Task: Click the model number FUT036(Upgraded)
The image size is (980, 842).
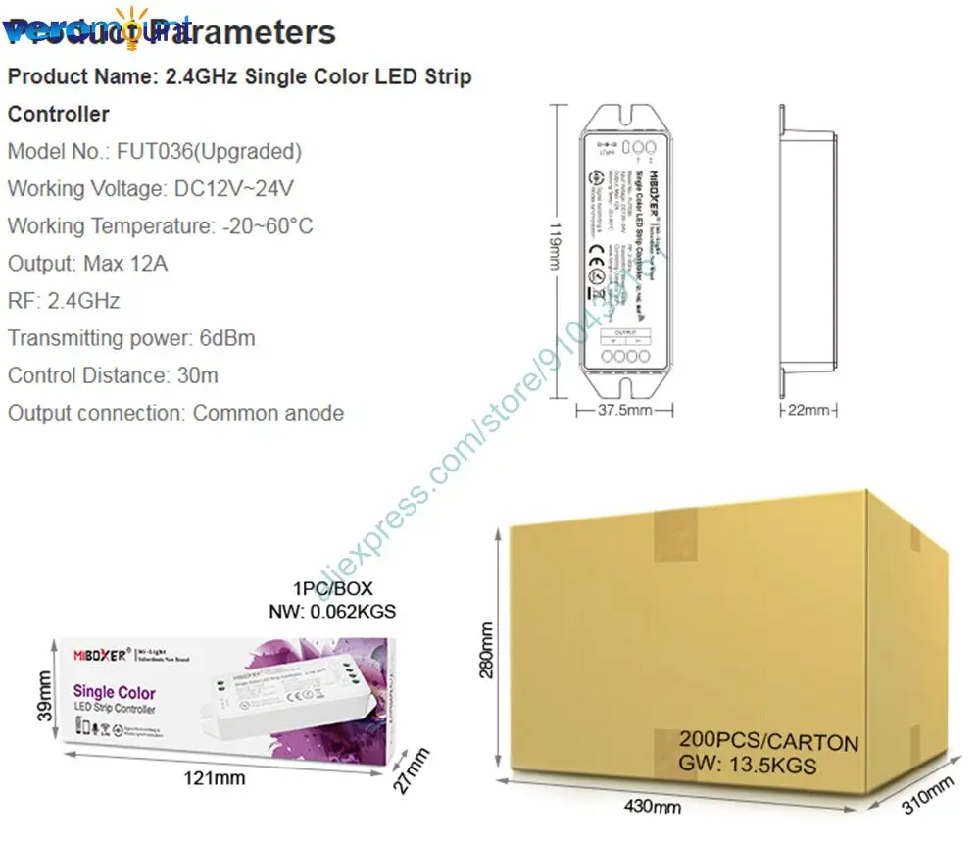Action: coord(209,152)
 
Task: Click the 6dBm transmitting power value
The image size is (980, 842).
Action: coord(226,338)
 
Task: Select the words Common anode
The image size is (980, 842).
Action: coord(269,413)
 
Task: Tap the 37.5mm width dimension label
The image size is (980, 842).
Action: coord(625,409)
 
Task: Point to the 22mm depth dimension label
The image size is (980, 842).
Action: coord(808,409)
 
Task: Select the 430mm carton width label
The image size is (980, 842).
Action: coord(653,807)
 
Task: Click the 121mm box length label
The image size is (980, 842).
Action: coord(218,778)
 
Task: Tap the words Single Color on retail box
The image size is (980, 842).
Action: coord(114,693)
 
